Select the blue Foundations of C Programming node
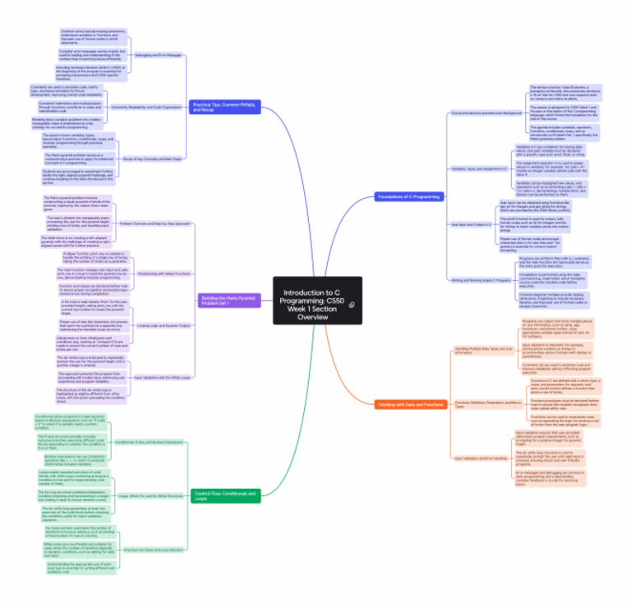click(408, 196)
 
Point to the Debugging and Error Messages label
click(158, 55)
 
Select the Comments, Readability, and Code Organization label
click(146, 107)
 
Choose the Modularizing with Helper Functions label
click(164, 273)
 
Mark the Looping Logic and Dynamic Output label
click(164, 326)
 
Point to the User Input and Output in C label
click(472, 223)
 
